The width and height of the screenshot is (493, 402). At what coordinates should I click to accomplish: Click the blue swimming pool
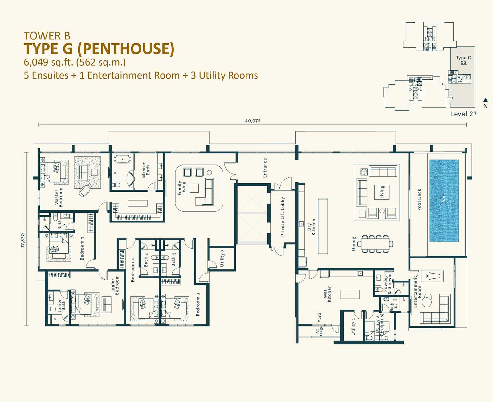(444, 201)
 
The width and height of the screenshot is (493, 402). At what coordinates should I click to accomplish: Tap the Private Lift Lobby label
(283, 217)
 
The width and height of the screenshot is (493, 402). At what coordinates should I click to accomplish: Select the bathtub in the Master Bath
(123, 159)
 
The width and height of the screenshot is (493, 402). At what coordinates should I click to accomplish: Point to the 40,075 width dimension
(252, 121)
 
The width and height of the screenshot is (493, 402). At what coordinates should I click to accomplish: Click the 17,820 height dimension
(23, 241)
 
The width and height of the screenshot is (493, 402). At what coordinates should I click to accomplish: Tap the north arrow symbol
(485, 100)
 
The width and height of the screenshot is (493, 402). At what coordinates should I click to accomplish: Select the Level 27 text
(463, 114)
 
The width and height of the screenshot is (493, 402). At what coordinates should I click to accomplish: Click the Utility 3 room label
(222, 258)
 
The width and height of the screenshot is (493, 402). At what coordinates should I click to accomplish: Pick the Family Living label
(181, 188)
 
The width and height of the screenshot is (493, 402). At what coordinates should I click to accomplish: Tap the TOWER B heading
(47, 36)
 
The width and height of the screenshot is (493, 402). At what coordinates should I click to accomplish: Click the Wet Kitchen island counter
(350, 294)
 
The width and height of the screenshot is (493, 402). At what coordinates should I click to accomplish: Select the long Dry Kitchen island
(323, 226)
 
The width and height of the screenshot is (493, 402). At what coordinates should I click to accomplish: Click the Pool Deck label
(419, 200)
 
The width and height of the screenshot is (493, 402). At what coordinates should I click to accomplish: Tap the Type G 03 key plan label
(463, 60)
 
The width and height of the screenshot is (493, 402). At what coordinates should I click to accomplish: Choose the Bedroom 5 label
(198, 306)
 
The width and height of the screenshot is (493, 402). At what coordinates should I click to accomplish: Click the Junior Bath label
(62, 306)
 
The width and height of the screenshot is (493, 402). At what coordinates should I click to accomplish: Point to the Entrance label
(265, 168)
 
